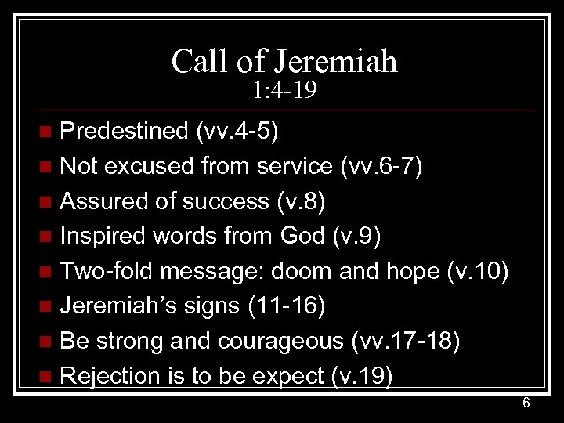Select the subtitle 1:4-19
pyautogui.click(x=284, y=93)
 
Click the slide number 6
pyautogui.click(x=526, y=403)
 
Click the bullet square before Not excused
pyautogui.click(x=49, y=166)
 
